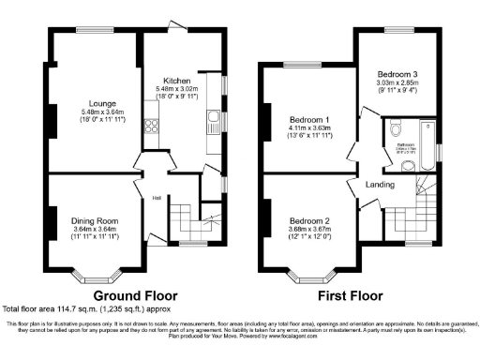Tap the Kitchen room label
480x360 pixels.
(177, 81)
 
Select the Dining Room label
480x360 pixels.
(94, 221)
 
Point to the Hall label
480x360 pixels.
(157, 197)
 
